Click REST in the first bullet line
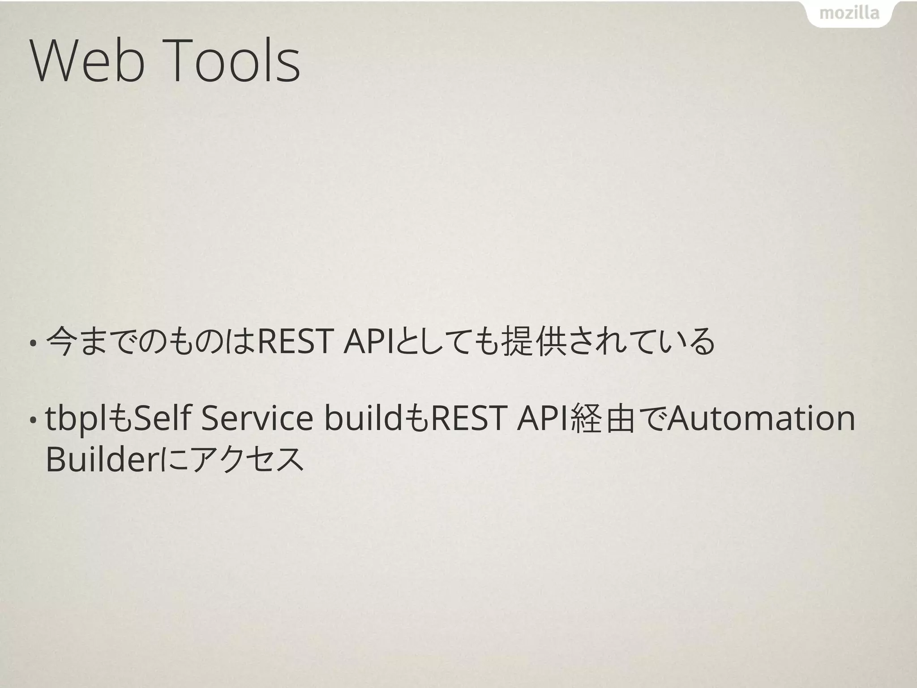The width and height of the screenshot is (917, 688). point(294,342)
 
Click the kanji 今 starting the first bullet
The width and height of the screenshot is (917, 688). point(60,342)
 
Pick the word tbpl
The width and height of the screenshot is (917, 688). point(75,419)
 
